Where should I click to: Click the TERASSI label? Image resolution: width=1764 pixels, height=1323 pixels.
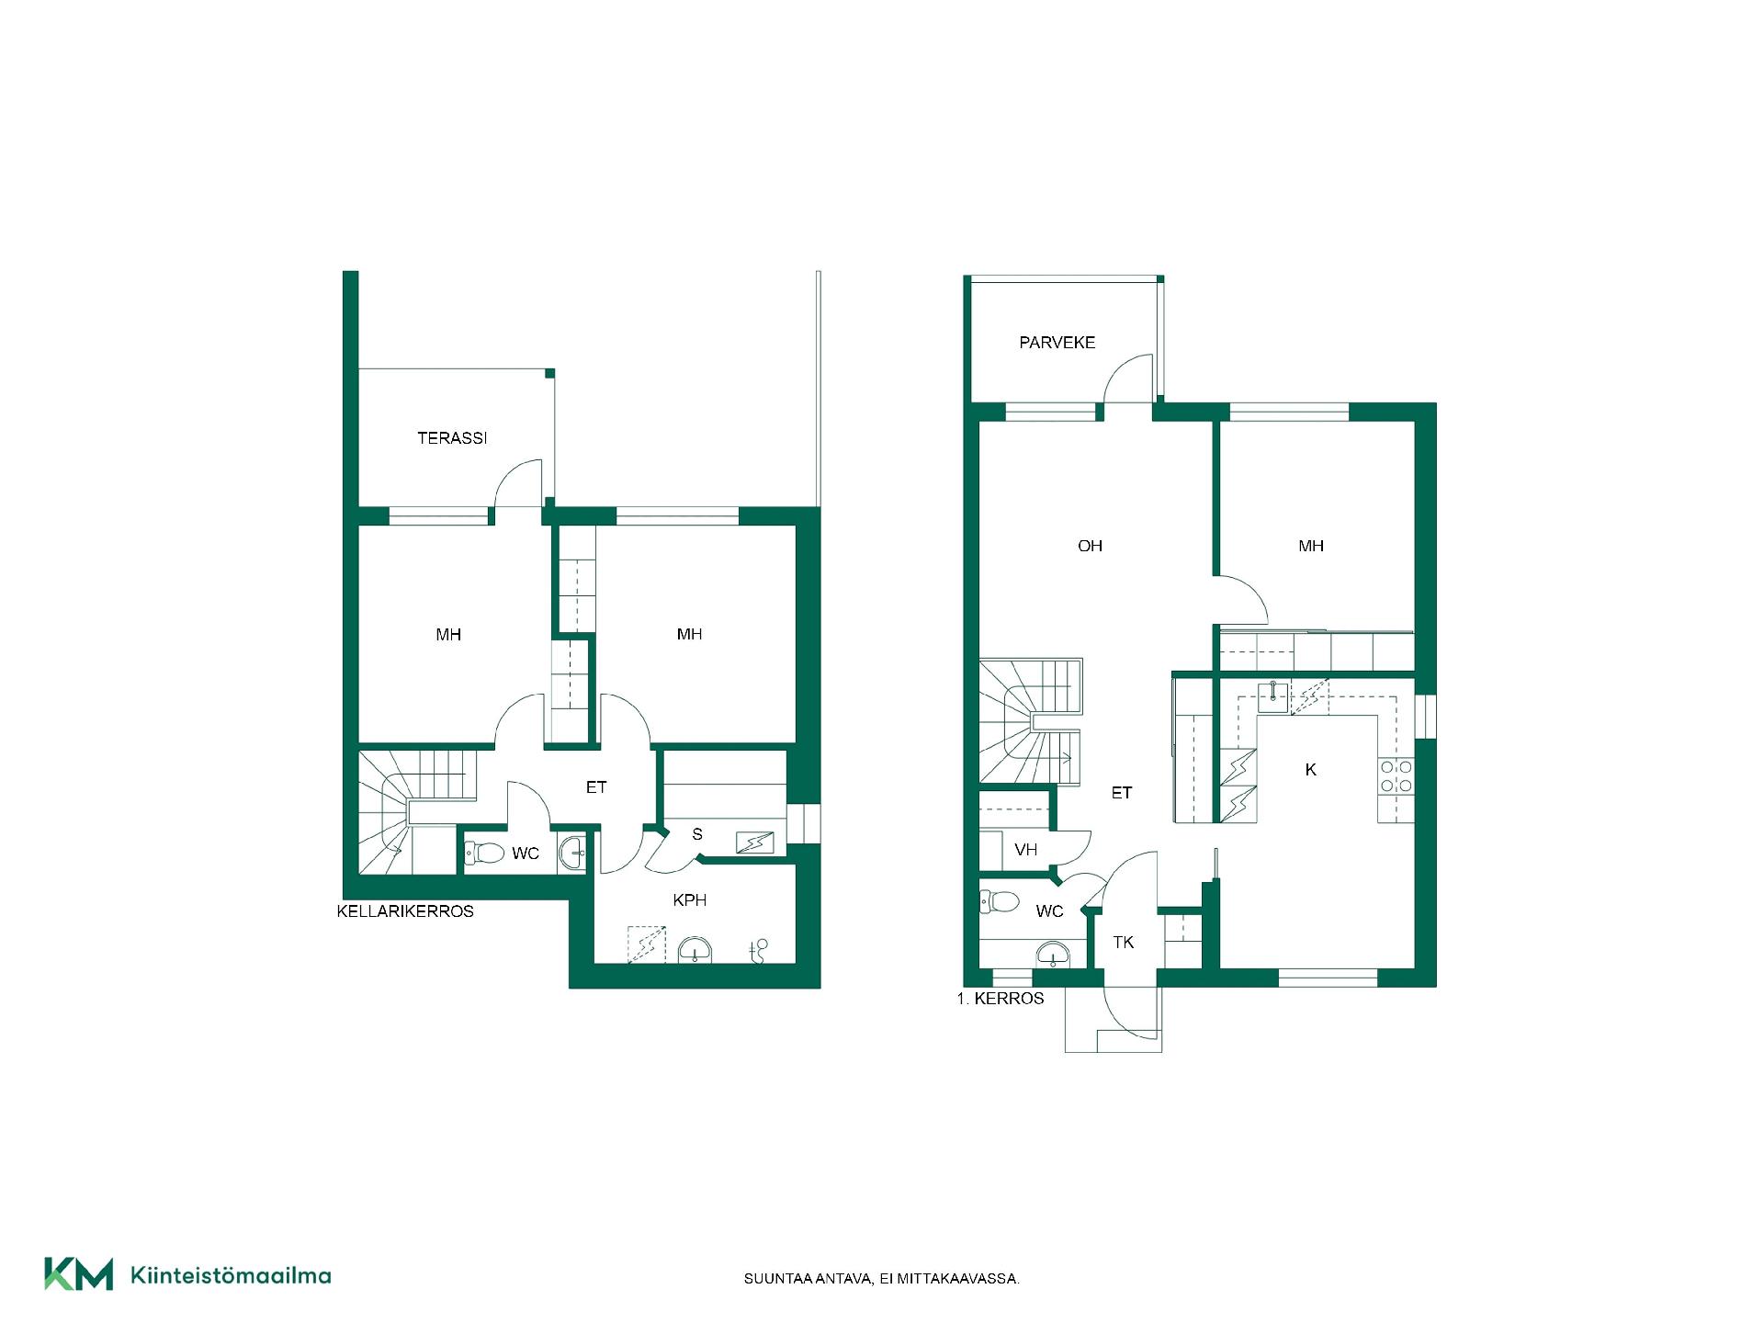coord(452,438)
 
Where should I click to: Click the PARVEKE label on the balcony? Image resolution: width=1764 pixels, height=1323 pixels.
coord(1057,343)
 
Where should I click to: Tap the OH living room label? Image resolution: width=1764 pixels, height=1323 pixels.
coord(1090,546)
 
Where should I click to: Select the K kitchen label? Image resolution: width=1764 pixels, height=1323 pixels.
coord(1310,770)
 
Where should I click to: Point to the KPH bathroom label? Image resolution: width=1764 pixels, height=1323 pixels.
coord(689,900)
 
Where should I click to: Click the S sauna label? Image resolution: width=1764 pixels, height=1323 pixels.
coord(697,834)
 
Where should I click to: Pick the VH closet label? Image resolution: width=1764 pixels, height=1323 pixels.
coord(1025,850)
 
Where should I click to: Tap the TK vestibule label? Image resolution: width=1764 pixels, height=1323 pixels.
coord(1123,942)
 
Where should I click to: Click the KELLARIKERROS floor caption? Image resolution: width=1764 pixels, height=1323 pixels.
coord(405,911)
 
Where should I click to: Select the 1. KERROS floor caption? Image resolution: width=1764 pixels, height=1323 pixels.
coord(1000,999)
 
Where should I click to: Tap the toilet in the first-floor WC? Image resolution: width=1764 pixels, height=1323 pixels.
coord(999,902)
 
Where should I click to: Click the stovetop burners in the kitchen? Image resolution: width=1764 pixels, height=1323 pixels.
coord(1396,776)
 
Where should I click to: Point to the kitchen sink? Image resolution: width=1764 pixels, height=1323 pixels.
coord(1273,697)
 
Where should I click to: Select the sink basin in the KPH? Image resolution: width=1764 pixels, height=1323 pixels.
coord(695,950)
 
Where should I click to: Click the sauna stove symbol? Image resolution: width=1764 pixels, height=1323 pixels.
coord(754,842)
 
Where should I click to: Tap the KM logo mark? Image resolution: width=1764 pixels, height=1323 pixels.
coord(79,1274)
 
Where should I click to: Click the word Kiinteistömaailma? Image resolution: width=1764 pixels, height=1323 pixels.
coord(231,1275)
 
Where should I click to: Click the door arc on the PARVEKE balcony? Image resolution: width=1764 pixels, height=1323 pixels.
coord(1121,367)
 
